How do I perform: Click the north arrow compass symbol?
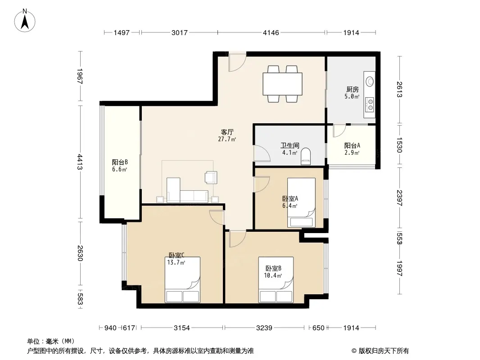click(25, 21)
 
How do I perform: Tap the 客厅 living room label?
click(227, 132)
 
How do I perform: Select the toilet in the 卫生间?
click(306, 156)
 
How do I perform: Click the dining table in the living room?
click(282, 84)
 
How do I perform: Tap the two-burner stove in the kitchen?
click(370, 103)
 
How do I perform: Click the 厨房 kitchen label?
click(353, 89)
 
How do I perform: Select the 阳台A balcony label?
click(352, 146)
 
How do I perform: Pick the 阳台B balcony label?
click(120, 162)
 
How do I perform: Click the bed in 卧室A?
click(301, 202)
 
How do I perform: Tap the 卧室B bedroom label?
click(273, 268)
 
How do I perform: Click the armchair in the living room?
click(211, 177)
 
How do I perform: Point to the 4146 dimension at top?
click(271, 32)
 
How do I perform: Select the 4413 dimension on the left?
click(80, 162)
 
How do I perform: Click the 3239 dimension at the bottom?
click(264, 328)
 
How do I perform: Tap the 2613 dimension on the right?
click(399, 90)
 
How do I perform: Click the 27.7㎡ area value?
click(227, 139)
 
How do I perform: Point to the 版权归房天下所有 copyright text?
click(384, 351)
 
